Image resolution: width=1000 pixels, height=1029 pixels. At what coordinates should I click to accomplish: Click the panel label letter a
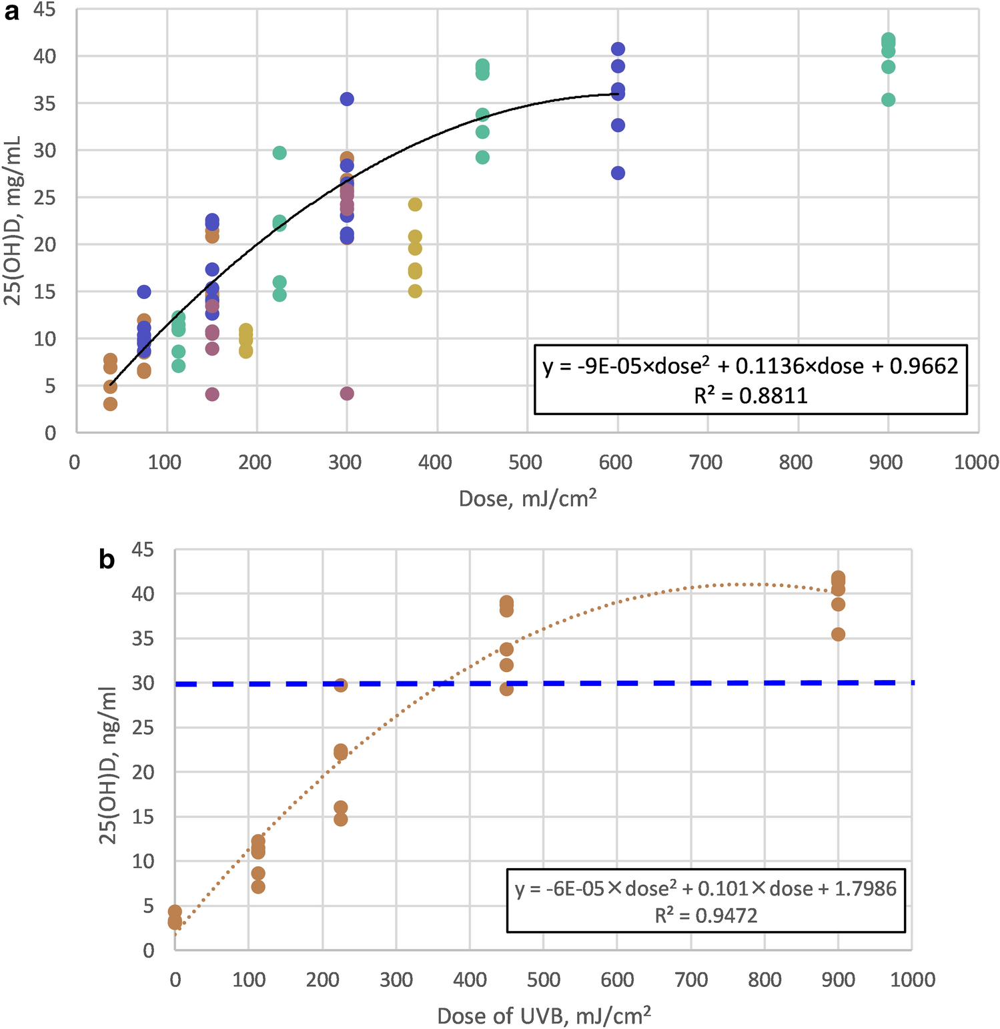pos(11,12)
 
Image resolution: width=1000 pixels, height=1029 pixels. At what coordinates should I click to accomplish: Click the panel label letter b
pos(107,560)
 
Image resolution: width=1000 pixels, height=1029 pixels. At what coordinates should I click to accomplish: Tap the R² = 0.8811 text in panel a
pos(751,396)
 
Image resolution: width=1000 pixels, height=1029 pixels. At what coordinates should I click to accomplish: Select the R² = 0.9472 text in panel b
pos(706,915)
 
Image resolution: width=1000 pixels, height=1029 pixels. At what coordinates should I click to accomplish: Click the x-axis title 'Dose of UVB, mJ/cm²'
pos(544,1015)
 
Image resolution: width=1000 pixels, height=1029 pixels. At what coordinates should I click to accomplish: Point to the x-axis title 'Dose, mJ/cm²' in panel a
pos(527,498)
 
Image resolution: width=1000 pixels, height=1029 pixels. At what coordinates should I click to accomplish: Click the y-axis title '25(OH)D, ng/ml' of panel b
pos(108,765)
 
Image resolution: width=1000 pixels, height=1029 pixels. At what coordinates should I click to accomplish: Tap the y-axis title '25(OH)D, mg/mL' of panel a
pos(13,221)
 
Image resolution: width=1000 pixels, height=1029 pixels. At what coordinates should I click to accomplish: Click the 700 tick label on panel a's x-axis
pos(705,462)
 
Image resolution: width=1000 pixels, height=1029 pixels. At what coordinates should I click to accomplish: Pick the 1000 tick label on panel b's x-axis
pos(912,980)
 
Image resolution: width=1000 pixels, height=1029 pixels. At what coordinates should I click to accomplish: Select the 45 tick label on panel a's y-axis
pos(44,11)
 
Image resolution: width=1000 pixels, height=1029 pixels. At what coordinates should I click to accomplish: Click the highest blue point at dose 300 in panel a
pos(347,99)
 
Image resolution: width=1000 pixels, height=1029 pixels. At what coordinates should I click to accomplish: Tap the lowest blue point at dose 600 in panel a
pos(618,173)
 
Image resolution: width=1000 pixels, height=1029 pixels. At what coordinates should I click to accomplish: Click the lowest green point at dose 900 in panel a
pos(888,100)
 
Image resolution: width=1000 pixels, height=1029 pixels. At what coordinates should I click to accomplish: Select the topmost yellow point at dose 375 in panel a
pos(415,204)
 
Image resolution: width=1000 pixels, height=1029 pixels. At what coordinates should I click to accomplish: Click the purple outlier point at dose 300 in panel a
pos(347,394)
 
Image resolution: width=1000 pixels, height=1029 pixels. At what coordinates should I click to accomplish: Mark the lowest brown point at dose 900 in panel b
pos(838,634)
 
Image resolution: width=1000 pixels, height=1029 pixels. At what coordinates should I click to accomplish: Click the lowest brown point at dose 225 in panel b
pos(341,819)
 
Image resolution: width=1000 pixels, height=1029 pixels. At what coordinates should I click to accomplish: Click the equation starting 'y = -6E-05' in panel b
pos(706,888)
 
